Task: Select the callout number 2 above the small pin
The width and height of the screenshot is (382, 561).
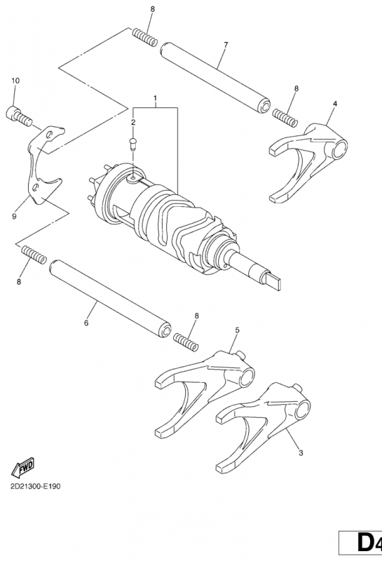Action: (x=132, y=123)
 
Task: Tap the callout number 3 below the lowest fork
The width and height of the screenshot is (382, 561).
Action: (x=300, y=454)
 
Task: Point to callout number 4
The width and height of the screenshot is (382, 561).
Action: (x=335, y=104)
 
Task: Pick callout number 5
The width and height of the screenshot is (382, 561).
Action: (x=237, y=330)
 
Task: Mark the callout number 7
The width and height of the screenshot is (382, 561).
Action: (x=225, y=46)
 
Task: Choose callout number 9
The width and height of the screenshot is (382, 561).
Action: (x=13, y=217)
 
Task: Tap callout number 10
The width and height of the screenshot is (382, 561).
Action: (x=15, y=81)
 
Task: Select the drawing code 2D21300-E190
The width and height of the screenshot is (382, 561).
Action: (x=36, y=486)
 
